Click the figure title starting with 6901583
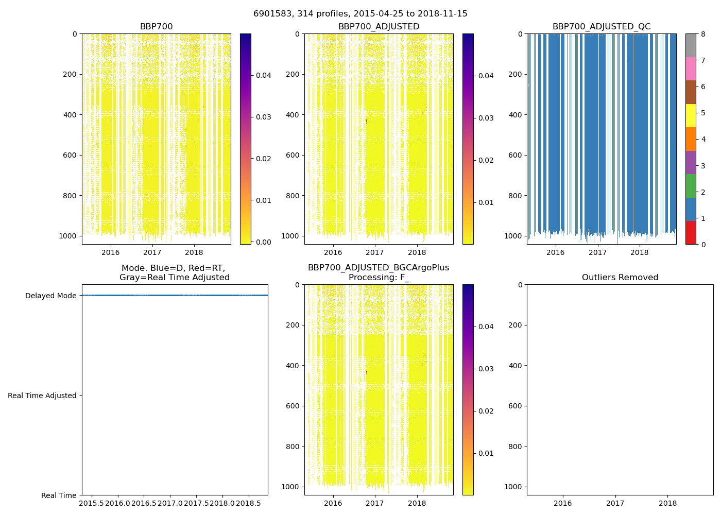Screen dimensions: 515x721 360,14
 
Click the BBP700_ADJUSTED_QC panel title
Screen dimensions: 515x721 602,27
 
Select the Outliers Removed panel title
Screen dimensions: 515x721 620,278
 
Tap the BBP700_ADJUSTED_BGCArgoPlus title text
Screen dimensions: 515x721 379,268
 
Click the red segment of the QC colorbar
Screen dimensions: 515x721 691,233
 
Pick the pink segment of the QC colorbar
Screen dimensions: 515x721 691,68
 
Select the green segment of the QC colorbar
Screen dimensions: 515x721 691,185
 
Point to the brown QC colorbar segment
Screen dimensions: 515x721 691,92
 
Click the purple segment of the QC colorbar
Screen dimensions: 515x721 691,162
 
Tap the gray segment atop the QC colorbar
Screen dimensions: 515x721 691,45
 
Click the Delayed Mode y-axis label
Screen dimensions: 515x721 50,296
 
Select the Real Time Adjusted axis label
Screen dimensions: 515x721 42,396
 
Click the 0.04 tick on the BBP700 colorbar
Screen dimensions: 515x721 264,75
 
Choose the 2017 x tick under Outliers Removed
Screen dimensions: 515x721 615,503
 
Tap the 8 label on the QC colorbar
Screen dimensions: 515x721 702,34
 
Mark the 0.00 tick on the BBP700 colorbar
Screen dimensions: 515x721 264,242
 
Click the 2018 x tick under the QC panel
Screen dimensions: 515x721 640,252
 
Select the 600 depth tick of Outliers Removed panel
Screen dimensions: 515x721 516,406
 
